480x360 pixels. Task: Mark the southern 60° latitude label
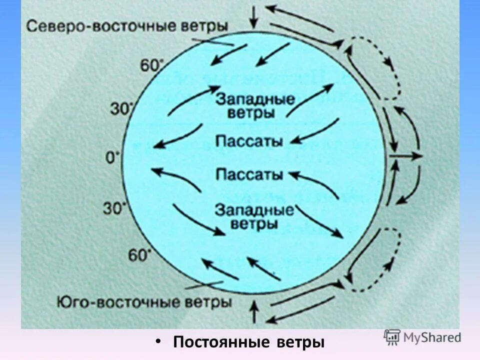point(139,255)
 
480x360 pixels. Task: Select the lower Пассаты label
point(248,174)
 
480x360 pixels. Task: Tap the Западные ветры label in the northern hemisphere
point(254,105)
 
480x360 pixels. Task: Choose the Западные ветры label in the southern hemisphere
point(254,216)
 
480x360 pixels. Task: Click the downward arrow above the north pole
point(254,16)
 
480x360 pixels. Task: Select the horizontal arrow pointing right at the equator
point(405,156)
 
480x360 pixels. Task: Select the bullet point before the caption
point(158,341)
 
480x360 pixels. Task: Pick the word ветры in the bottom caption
point(300,343)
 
